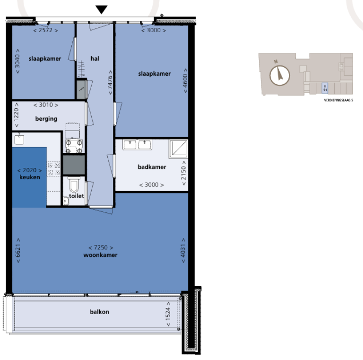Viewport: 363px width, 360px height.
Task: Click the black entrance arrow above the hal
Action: pyautogui.click(x=102, y=9)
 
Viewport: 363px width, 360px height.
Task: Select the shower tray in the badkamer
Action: pyautogui.click(x=179, y=149)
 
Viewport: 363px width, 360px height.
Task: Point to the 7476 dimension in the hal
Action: pyautogui.click(x=110, y=81)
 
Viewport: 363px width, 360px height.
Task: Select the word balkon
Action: pyautogui.click(x=99, y=312)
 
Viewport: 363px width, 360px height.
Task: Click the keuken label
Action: pyautogui.click(x=30, y=177)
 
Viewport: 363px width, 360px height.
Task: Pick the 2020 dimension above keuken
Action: pyautogui.click(x=30, y=170)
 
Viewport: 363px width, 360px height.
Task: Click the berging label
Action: pyautogui.click(x=46, y=119)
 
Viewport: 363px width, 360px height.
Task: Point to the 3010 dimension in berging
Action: pyautogui.click(x=46, y=105)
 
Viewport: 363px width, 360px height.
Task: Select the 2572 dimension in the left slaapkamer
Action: pyautogui.click(x=46, y=30)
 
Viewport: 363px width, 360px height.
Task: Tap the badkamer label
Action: pyautogui.click(x=152, y=167)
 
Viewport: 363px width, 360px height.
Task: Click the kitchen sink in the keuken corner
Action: pyautogui.click(x=19, y=139)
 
